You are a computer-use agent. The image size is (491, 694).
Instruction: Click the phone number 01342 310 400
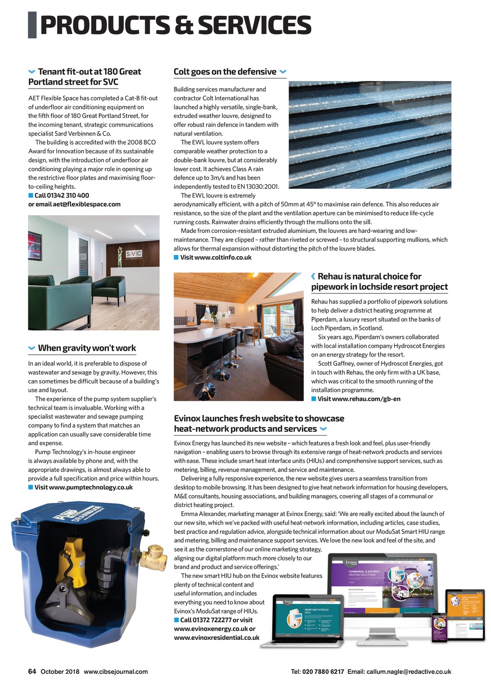[62, 196]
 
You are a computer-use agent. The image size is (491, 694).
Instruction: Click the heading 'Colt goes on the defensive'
[225, 72]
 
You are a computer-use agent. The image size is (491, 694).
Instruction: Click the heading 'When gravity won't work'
[87, 348]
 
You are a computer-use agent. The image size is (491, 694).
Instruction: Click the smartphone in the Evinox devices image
[439, 628]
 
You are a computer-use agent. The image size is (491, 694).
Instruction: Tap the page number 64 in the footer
[32, 671]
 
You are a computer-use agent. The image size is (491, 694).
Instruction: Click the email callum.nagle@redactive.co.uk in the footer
[409, 672]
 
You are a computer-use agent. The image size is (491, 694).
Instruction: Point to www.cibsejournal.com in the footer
[116, 672]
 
